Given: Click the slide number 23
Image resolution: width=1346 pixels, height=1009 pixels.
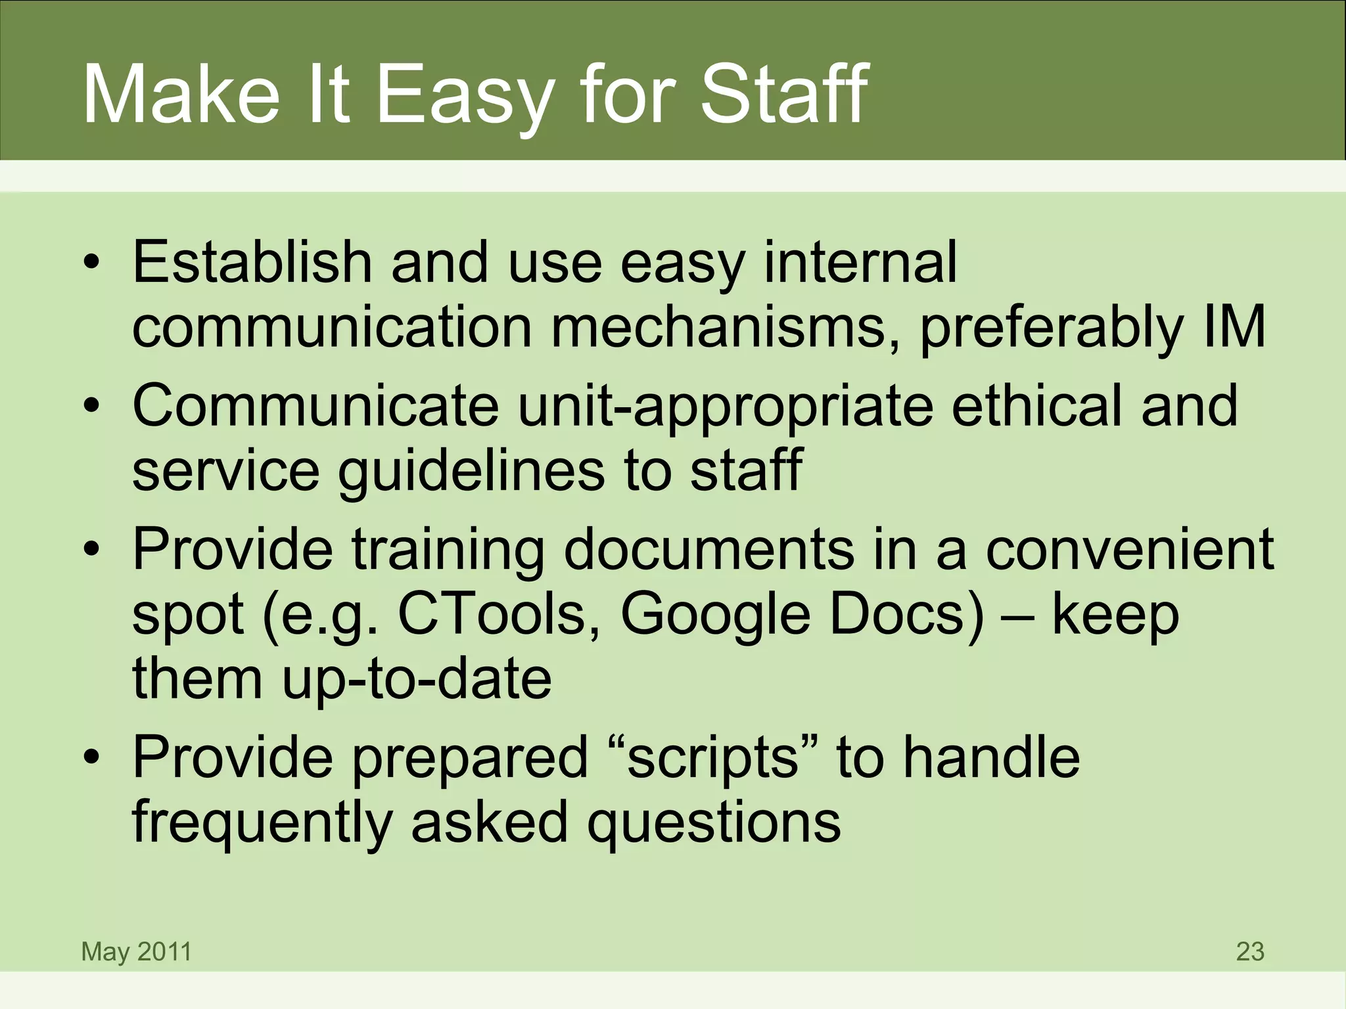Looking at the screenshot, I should pos(1249,951).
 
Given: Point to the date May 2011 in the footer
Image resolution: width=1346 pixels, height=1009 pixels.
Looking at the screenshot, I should pos(136,951).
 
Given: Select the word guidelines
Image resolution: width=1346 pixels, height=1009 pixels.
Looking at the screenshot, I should pos(471,472).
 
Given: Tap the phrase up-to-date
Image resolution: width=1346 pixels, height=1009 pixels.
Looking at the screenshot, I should pos(417,679).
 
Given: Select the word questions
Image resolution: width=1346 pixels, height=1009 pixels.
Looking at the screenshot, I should pos(714,823).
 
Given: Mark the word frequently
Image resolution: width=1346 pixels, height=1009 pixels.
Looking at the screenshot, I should pos(262,823).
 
